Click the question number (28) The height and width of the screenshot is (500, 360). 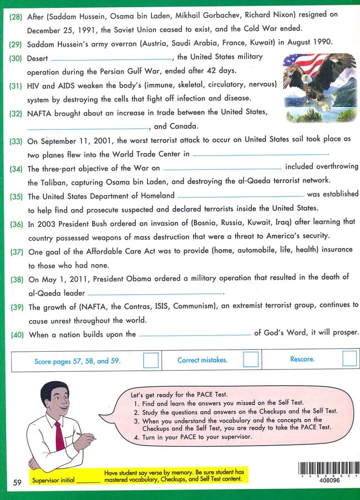(x=16, y=17)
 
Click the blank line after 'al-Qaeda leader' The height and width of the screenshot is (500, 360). (x=155, y=294)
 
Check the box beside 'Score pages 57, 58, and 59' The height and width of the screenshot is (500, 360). (x=150, y=361)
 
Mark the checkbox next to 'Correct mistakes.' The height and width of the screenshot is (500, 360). (x=251, y=360)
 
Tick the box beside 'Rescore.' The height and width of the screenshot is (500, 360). (x=349, y=359)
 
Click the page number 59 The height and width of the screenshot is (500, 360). (x=17, y=483)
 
